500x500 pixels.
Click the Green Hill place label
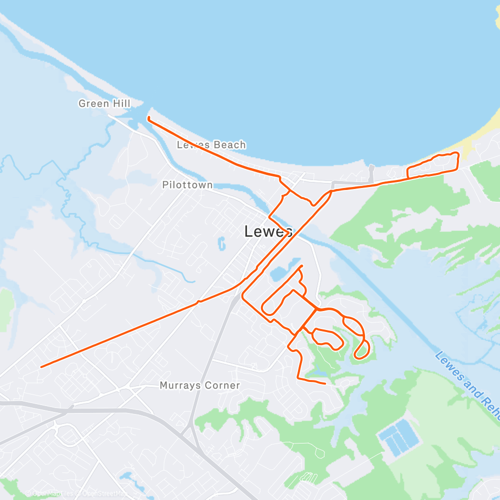(x=104, y=103)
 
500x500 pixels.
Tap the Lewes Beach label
(x=211, y=145)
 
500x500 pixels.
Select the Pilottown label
(x=187, y=185)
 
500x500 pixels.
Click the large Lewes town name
(x=268, y=231)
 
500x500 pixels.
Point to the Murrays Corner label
(x=199, y=385)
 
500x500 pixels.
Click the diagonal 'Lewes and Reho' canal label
(x=467, y=380)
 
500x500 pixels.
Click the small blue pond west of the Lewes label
(x=221, y=243)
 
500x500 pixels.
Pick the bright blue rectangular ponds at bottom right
(x=398, y=436)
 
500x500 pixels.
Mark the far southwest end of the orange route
(x=41, y=366)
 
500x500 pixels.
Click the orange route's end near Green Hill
(x=148, y=118)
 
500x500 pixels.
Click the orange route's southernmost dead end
(x=325, y=383)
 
